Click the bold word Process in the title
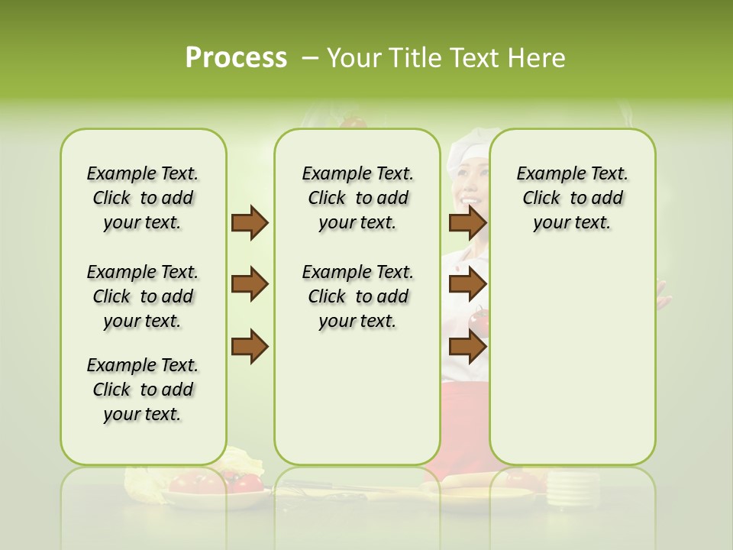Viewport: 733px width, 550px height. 236,58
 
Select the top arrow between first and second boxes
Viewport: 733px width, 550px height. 250,223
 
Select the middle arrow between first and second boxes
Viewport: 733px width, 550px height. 250,285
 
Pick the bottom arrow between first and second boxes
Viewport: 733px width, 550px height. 250,347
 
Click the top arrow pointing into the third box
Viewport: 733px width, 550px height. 467,223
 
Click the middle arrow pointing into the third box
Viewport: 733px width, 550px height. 467,285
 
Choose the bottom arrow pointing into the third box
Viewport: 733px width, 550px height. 467,347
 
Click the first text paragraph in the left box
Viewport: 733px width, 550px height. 143,198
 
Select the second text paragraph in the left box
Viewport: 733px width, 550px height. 143,296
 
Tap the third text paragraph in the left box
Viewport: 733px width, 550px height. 143,390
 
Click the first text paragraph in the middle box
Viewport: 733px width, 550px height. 357,198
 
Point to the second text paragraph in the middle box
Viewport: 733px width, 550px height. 357,296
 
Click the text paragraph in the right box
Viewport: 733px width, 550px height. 572,198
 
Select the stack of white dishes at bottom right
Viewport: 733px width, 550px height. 569,489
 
